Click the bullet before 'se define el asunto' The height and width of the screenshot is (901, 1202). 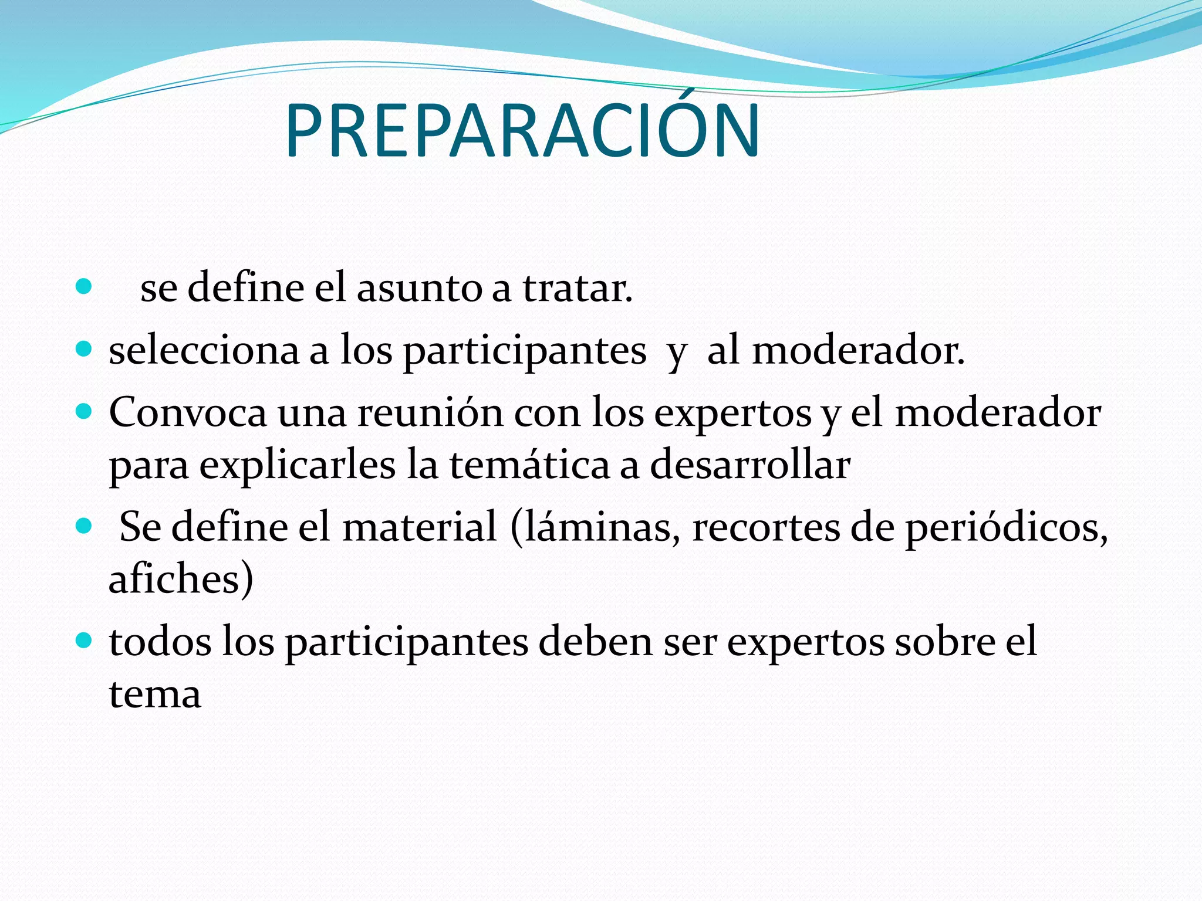(85, 287)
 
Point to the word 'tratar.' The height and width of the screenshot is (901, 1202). (578, 289)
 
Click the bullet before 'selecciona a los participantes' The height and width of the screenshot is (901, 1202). (85, 350)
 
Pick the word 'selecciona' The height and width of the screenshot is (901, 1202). (204, 351)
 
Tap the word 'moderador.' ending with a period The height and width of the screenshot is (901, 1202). (858, 351)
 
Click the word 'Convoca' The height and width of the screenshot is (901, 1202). (188, 412)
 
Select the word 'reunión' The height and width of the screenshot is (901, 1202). (430, 412)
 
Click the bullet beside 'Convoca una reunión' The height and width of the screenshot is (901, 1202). (85, 411)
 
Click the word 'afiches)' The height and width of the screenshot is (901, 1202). (181, 579)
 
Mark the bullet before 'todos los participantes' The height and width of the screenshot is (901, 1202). (85, 640)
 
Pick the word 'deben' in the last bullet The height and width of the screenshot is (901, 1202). (595, 641)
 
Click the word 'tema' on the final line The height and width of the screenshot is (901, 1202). (155, 694)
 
